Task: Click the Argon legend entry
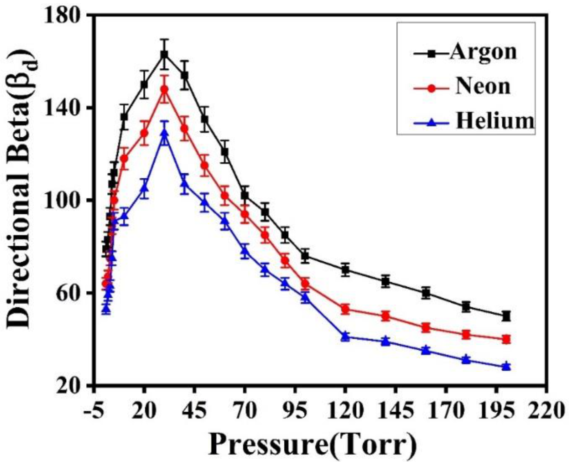483,51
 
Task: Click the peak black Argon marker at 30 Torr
164,54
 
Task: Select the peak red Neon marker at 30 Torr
164,89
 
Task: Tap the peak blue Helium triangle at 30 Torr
164,133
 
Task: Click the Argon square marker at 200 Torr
506,316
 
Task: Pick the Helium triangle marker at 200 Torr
506,367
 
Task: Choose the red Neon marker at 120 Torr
345,309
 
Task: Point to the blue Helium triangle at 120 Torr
345,336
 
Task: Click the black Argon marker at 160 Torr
426,293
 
